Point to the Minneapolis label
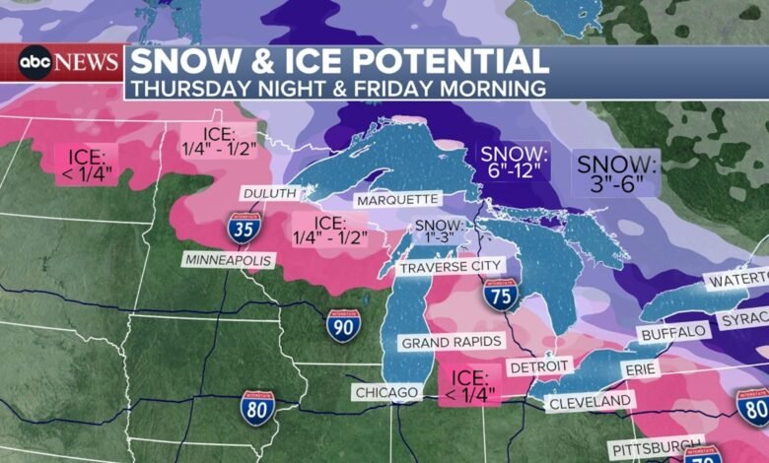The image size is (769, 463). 226,259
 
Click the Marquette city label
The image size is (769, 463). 397,199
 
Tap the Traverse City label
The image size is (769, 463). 453,267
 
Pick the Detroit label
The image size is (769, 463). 539,366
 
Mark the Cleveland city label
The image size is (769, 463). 590,401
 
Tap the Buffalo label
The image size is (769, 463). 674,332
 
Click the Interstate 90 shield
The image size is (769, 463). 344,325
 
